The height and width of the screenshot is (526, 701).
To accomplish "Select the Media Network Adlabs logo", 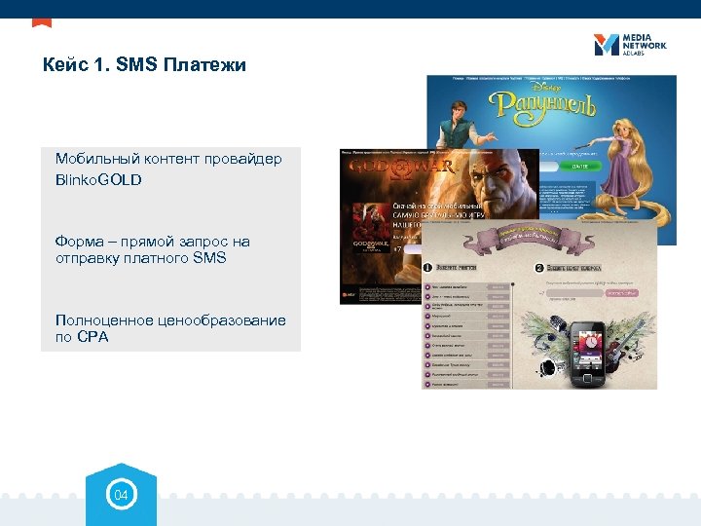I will tap(629, 45).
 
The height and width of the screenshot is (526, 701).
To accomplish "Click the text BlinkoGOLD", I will tap(98, 180).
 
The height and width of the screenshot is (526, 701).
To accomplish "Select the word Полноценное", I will tap(104, 320).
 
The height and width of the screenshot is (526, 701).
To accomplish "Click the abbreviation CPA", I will tap(93, 337).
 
